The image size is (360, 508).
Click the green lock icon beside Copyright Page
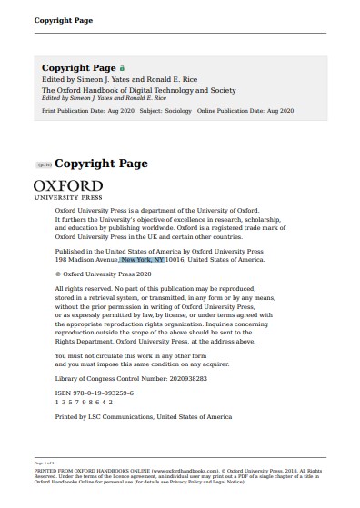point(123,68)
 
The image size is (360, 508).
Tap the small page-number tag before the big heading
point(43,165)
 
